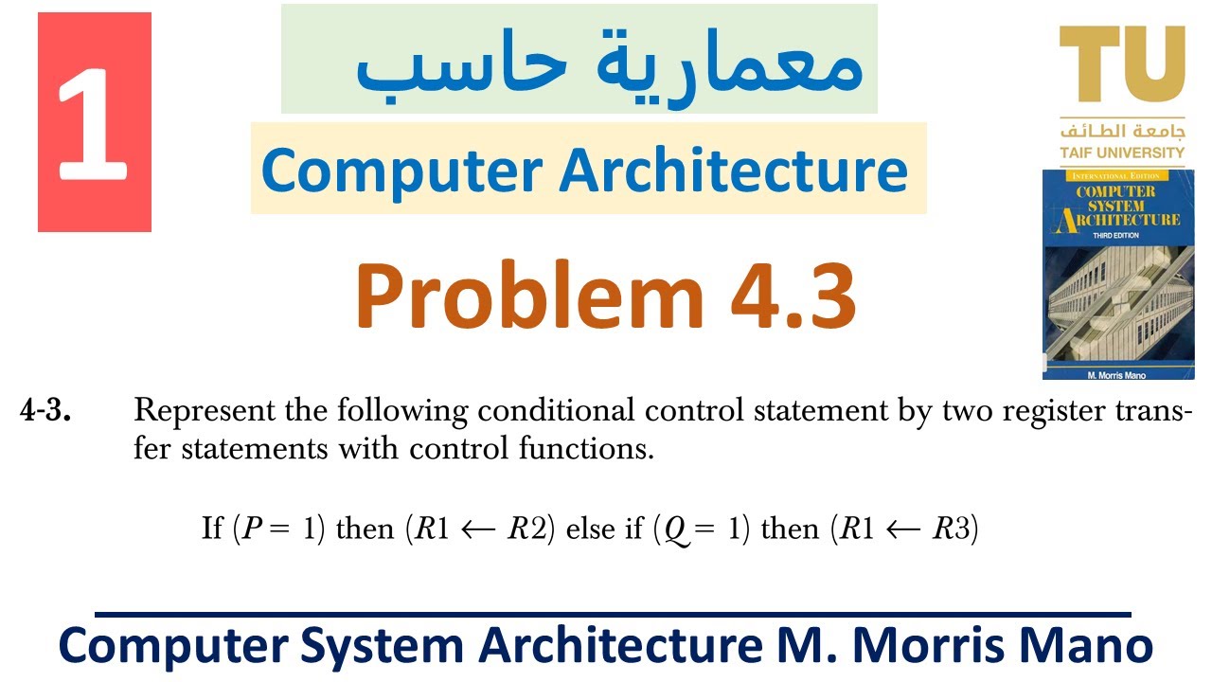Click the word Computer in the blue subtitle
click(x=402, y=170)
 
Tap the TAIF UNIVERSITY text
click(x=1122, y=153)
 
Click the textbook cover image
click(x=1116, y=271)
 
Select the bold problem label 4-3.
click(x=45, y=412)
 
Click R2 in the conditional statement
click(x=526, y=529)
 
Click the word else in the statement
click(x=590, y=529)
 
